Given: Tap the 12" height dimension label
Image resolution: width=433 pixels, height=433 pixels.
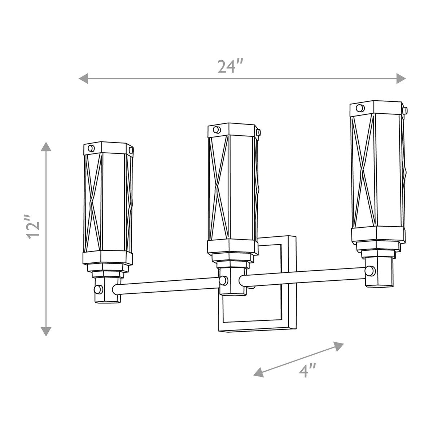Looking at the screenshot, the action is [32, 227].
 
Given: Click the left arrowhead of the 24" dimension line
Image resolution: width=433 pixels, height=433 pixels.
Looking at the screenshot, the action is [83, 78].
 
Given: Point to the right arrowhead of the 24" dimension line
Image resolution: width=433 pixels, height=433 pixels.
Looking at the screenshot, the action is [401, 78].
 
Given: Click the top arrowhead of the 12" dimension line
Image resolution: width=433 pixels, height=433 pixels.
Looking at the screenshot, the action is [46, 147].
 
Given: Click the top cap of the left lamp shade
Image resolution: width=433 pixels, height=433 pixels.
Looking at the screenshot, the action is [109, 148].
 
